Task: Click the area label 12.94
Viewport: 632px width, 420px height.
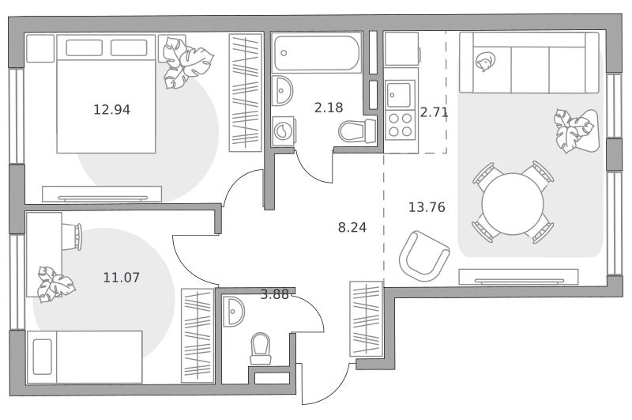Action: [x=111, y=109]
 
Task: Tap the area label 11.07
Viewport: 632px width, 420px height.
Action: [x=122, y=277]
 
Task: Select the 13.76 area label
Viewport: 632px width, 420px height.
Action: [x=427, y=207]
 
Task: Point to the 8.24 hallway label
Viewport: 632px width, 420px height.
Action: [x=352, y=227]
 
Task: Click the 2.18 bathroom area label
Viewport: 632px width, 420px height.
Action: [x=329, y=108]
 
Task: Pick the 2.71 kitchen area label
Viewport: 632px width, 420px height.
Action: [x=434, y=112]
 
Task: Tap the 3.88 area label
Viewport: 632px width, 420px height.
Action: [x=274, y=294]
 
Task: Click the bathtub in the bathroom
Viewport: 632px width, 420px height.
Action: [x=317, y=53]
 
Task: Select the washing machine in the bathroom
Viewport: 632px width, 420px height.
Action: [x=284, y=131]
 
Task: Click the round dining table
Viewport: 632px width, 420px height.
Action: [x=513, y=203]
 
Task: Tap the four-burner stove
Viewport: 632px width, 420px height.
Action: [x=401, y=125]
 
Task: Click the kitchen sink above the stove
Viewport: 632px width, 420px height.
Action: [x=400, y=95]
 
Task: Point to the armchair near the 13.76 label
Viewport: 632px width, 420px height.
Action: [x=424, y=256]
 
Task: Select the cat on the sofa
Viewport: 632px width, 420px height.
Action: [x=485, y=62]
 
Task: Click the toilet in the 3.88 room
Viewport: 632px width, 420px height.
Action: [x=261, y=349]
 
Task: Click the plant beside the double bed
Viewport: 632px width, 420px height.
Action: [x=186, y=62]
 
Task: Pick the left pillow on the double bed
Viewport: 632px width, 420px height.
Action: [x=84, y=47]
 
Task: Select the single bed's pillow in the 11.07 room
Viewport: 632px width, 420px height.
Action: [x=43, y=357]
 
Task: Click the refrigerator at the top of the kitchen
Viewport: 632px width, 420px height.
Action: [x=402, y=49]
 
